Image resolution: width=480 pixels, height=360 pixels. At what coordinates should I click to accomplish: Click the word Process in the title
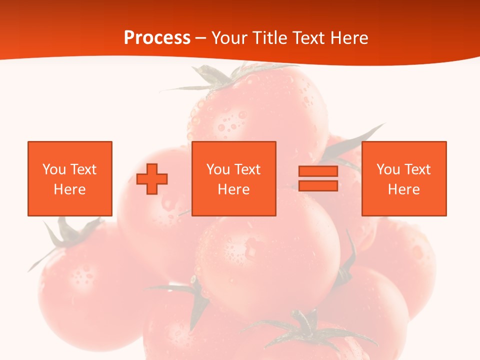click(157, 38)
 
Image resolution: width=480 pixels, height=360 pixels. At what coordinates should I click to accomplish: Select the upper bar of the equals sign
click(318, 171)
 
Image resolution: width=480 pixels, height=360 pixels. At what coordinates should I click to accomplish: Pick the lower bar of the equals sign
click(318, 185)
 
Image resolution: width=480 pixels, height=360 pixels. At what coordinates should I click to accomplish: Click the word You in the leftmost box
click(54, 169)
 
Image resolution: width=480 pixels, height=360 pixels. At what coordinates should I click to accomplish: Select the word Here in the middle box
click(234, 189)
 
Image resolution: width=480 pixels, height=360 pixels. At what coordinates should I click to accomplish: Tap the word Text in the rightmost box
click(417, 169)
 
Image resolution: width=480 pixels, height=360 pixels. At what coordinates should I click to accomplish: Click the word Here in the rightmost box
click(404, 189)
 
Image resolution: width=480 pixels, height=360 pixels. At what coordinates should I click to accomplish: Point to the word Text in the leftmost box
click(83, 169)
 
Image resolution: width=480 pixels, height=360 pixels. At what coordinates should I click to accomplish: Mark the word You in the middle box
click(218, 169)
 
